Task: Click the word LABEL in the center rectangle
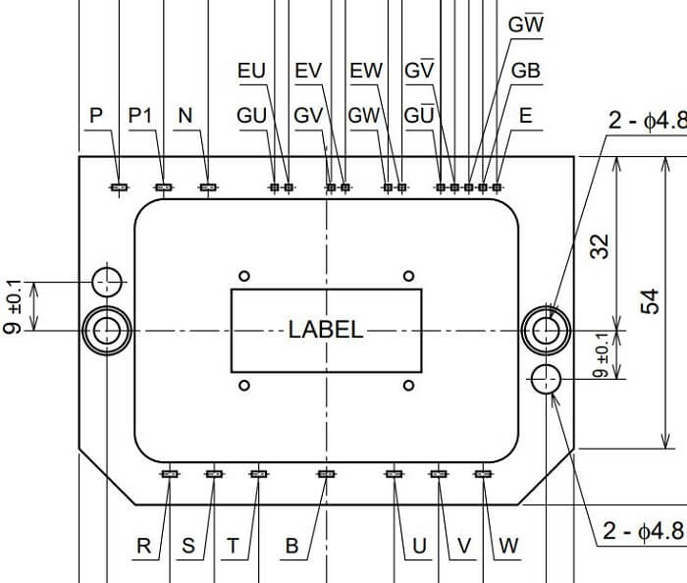click(326, 330)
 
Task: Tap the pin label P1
click(140, 116)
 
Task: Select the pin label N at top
click(185, 116)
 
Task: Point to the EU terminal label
click(251, 71)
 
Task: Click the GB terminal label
click(526, 71)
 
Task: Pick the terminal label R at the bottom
click(143, 546)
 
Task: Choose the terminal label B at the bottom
click(291, 546)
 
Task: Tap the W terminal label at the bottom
click(508, 546)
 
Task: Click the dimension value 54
click(650, 301)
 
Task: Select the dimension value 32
click(600, 246)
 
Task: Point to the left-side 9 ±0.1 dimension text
click(13, 306)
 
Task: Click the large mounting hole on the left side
click(107, 331)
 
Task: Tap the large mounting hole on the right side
click(547, 331)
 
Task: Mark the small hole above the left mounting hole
click(107, 282)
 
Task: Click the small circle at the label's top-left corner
click(244, 276)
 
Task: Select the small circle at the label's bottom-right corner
click(409, 386)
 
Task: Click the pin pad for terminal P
click(119, 187)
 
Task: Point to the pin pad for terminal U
click(395, 474)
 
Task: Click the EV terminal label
click(308, 71)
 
